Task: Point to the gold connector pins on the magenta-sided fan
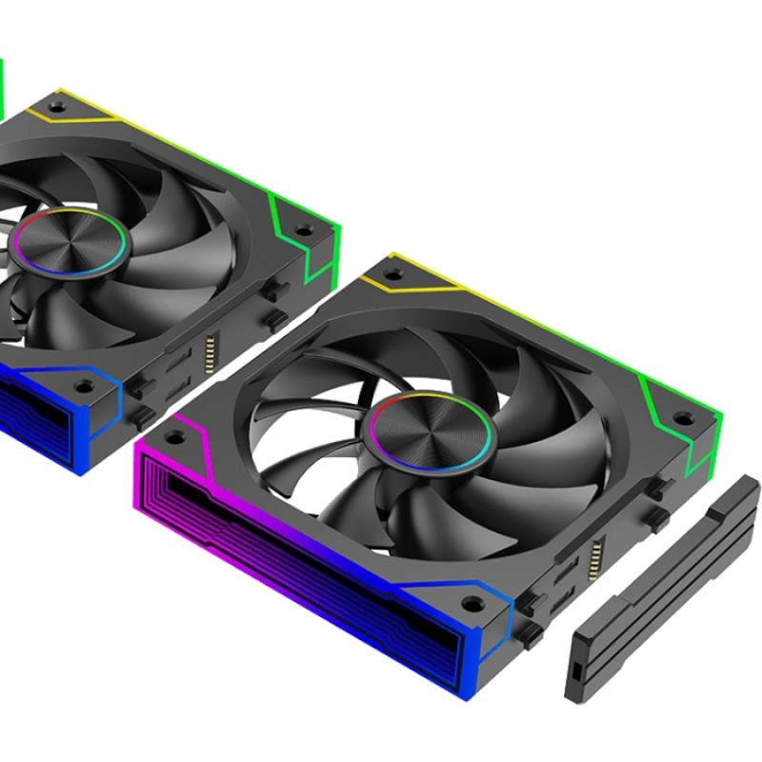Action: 598,552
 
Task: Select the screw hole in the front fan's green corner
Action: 682,416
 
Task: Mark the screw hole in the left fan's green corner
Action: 303,230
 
